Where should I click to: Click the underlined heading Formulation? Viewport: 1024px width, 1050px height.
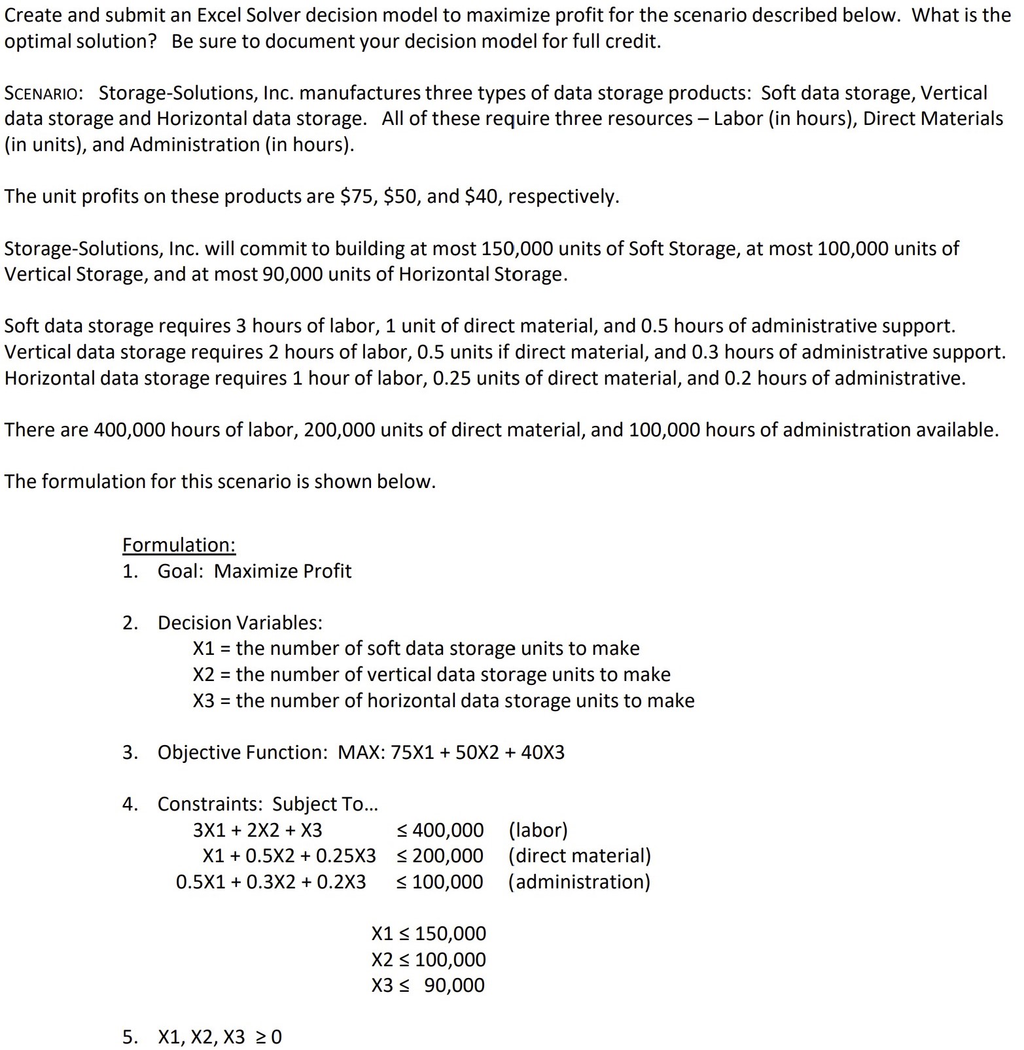(179, 545)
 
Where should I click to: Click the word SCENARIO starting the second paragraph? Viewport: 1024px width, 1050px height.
(43, 93)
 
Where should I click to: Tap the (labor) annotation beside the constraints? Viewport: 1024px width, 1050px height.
(538, 830)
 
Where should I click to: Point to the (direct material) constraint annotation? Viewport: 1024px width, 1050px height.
(579, 856)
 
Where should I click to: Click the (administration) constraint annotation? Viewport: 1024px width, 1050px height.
(579, 882)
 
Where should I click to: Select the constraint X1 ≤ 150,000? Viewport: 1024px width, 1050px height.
(429, 934)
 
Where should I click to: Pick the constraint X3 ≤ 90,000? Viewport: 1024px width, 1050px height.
(429, 985)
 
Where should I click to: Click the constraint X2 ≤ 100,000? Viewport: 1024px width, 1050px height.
(429, 960)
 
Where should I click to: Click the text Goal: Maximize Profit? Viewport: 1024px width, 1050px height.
(254, 571)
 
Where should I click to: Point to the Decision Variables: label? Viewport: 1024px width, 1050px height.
(239, 623)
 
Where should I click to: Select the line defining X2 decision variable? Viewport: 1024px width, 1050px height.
(431, 674)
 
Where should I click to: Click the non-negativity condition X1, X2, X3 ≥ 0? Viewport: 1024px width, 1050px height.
(219, 1037)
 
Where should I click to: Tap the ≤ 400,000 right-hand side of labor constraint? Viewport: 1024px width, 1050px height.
(440, 830)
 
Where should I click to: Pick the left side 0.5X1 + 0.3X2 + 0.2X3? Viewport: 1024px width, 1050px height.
(271, 882)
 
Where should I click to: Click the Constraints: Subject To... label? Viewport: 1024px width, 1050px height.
(267, 804)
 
